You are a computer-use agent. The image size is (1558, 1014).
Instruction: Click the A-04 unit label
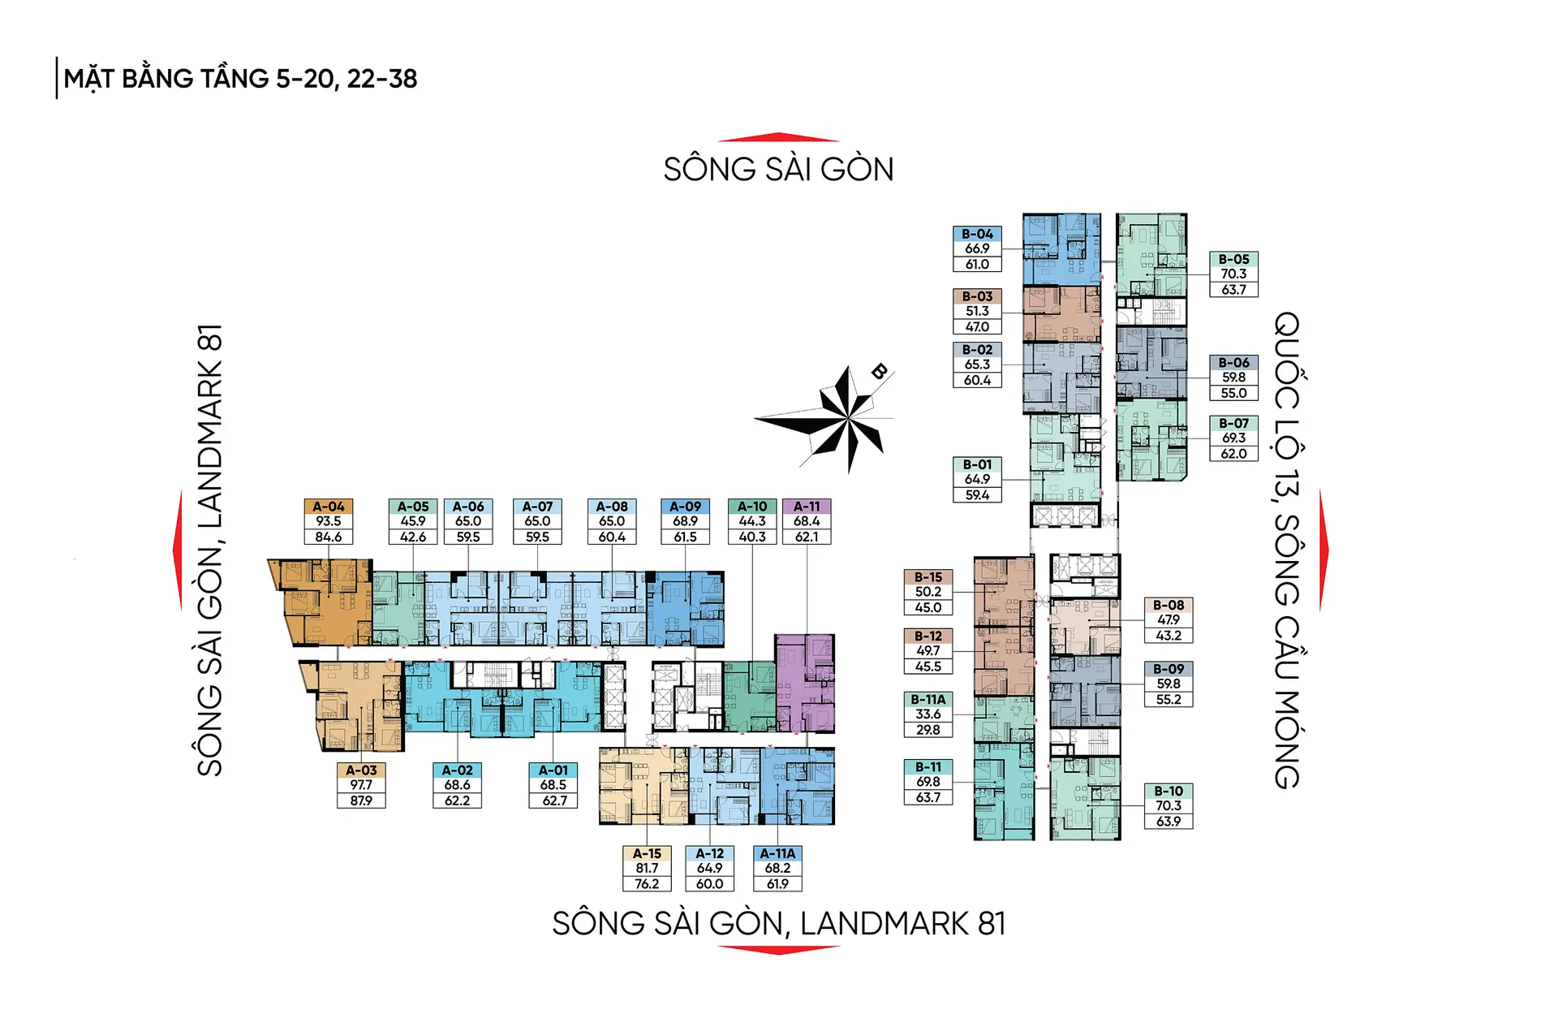(x=329, y=507)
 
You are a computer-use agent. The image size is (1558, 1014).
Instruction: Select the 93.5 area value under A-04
(x=329, y=521)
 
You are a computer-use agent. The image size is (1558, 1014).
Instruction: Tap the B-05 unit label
(x=1233, y=260)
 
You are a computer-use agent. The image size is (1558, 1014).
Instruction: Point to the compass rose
(x=844, y=419)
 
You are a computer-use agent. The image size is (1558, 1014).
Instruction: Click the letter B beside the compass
(x=879, y=372)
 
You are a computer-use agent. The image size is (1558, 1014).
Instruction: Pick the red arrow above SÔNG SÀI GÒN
(x=778, y=137)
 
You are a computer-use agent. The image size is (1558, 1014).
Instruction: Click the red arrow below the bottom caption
(x=778, y=950)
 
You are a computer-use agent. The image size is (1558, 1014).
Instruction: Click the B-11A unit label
(x=928, y=700)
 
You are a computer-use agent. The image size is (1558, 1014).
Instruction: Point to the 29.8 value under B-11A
(x=928, y=730)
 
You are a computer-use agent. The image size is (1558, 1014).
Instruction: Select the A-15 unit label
(x=647, y=854)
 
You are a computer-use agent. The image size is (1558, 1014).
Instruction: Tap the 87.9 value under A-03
(x=361, y=800)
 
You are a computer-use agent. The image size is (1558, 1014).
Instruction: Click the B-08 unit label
(x=1168, y=606)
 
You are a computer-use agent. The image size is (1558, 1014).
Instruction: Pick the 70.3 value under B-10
(x=1168, y=806)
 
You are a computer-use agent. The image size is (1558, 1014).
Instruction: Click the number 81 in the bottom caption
(x=992, y=924)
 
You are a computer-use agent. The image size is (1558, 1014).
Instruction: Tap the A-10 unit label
(x=752, y=507)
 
